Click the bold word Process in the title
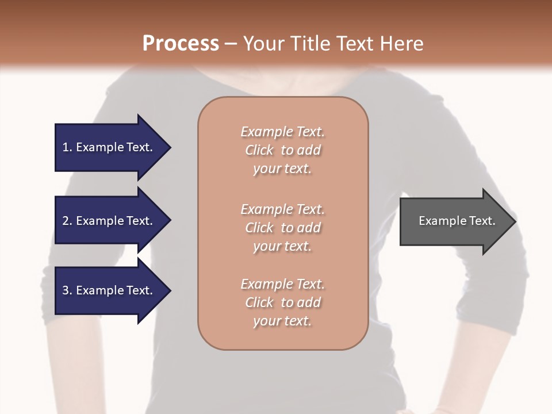(181, 44)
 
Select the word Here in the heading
(402, 44)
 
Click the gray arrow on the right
(454, 221)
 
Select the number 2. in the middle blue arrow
(67, 221)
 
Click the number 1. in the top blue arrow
(67, 147)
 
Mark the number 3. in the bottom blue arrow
(67, 290)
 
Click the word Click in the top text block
(259, 150)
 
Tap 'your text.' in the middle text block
(282, 246)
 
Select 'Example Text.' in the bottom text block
(282, 284)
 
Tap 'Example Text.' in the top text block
(282, 132)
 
